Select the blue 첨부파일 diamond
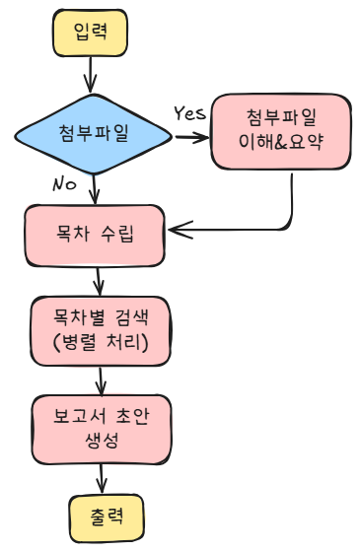(93, 132)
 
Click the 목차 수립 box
(95, 236)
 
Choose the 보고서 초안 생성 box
(100, 426)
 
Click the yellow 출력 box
(101, 517)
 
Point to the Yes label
(189, 111)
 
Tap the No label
(64, 183)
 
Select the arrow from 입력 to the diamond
(92, 74)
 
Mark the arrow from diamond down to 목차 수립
(94, 187)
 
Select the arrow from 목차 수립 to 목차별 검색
(97, 281)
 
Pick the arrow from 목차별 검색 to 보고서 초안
(100, 378)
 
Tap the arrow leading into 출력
(101, 477)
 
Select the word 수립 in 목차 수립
(117, 237)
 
